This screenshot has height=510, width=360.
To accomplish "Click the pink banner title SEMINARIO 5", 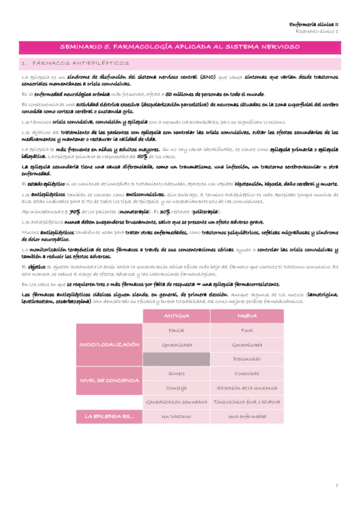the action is tap(180, 46).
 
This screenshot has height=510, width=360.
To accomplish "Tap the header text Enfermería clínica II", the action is tap(316, 25).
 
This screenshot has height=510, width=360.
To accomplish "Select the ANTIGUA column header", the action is tap(176, 316).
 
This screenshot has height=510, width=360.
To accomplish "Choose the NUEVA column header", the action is tap(247, 316).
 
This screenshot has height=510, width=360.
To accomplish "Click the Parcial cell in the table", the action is tap(176, 331).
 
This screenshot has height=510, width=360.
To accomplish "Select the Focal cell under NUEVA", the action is tap(247, 331).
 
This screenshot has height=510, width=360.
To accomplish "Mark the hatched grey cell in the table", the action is tap(176, 358).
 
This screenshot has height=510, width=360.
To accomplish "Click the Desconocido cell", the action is tap(247, 358).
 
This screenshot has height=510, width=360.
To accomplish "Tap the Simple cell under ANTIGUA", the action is tap(176, 373).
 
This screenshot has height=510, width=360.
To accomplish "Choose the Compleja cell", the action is tap(176, 387).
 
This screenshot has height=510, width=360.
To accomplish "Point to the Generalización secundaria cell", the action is tap(176, 401).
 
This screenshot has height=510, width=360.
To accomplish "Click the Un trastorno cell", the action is tap(176, 416).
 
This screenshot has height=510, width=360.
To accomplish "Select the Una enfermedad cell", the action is tap(247, 416).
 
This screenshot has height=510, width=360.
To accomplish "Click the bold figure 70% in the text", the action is tap(75, 212).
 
